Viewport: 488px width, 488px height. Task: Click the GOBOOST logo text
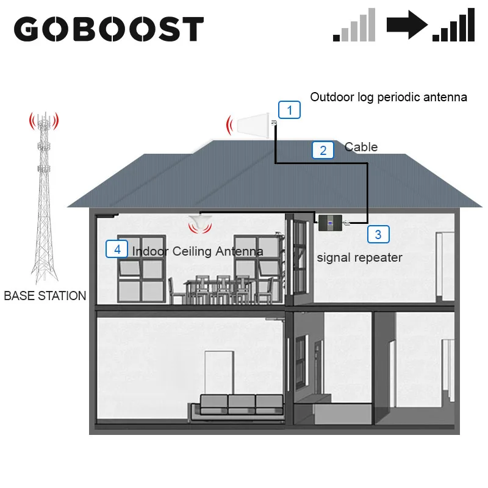(x=109, y=29)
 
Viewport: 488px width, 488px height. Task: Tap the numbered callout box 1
(x=290, y=110)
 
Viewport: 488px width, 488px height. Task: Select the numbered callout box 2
(x=323, y=151)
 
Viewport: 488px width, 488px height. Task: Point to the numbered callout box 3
(x=378, y=234)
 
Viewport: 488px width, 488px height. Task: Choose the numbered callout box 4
(x=117, y=249)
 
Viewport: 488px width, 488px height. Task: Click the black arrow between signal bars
(x=407, y=25)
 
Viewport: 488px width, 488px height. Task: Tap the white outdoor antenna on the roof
(x=254, y=126)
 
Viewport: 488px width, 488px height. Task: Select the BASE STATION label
(x=45, y=296)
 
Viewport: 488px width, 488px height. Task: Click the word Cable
(x=361, y=147)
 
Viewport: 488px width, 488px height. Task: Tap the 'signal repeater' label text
(x=359, y=257)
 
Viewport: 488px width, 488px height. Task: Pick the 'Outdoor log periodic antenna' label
(x=389, y=97)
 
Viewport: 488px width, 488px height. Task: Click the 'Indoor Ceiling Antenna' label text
(x=198, y=251)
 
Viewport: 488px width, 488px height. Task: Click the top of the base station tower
(x=43, y=116)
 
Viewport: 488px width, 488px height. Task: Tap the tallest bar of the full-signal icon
(x=470, y=25)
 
